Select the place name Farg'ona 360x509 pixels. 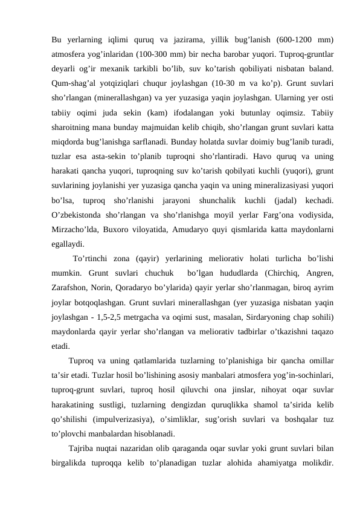click(280, 213)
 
